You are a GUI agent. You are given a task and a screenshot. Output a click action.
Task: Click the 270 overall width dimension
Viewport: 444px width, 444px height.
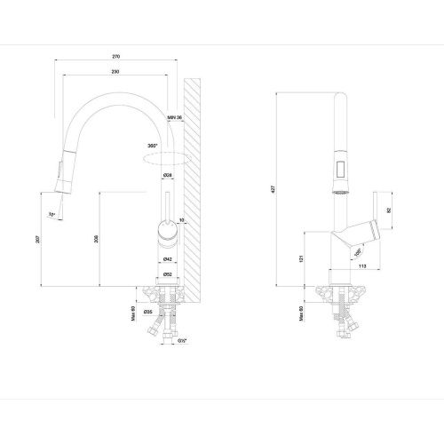pos(116,57)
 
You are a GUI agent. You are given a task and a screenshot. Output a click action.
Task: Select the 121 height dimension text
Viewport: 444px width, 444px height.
pos(302,258)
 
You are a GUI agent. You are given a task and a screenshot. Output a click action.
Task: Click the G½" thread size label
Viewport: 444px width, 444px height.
pos(182,339)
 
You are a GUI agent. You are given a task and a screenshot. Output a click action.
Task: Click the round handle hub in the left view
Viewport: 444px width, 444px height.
pos(166,234)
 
